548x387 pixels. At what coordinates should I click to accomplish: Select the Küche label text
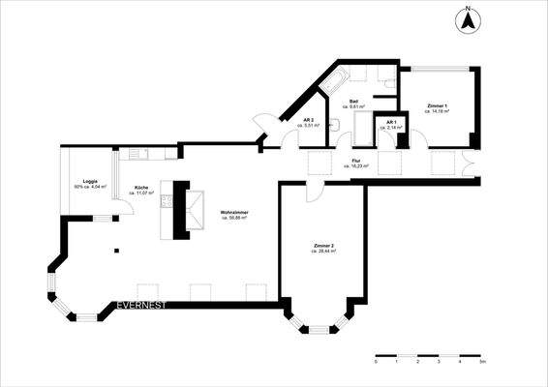[141, 191]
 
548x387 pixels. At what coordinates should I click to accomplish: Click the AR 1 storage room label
[391, 125]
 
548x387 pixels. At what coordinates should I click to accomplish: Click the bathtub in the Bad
[339, 81]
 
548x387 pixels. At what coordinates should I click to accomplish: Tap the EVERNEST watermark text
[140, 306]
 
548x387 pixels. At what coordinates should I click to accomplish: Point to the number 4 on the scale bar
[460, 360]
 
